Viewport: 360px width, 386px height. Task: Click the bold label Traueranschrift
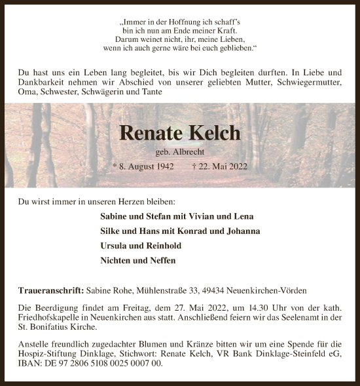[x=50, y=290]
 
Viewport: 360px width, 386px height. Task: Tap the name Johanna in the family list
[x=242, y=231]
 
